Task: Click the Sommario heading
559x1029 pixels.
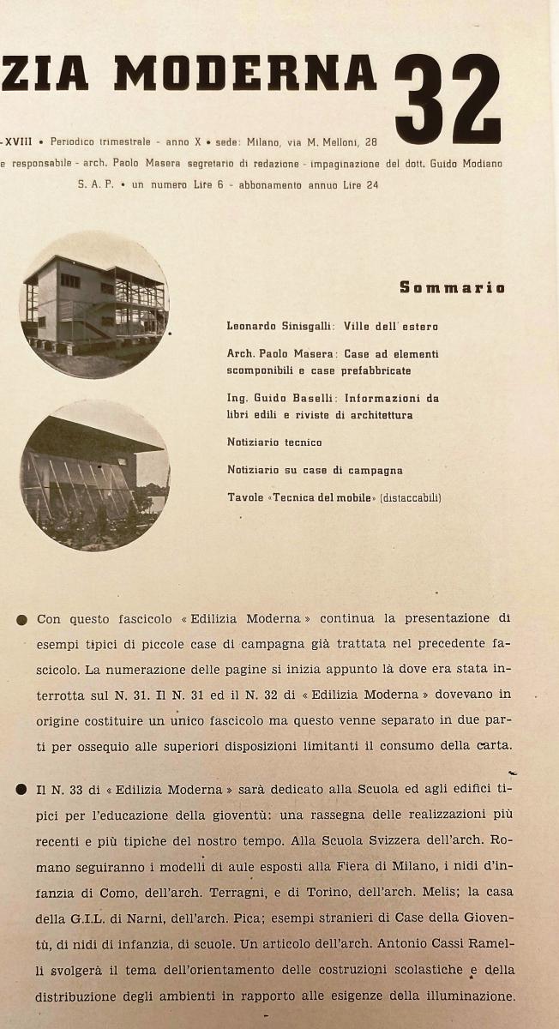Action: point(452,287)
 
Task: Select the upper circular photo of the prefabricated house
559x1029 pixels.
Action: point(94,304)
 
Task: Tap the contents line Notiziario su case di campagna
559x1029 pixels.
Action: point(315,470)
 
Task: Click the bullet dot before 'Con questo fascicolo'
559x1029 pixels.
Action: point(21,619)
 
